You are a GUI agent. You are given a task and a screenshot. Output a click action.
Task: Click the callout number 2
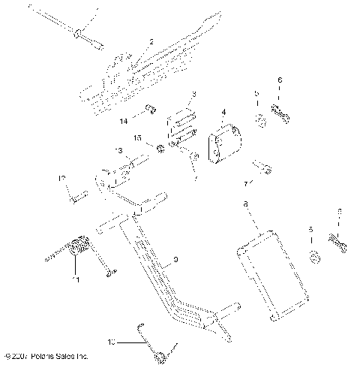click(x=151, y=42)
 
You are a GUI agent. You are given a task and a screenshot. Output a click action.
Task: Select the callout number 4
click(x=223, y=113)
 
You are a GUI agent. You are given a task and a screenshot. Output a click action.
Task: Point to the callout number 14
click(x=122, y=120)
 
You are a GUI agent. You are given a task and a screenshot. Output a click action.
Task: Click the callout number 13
click(x=118, y=150)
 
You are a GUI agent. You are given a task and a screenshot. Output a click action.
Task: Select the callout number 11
click(x=73, y=281)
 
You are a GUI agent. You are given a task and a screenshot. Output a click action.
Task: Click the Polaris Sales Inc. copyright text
click(x=46, y=354)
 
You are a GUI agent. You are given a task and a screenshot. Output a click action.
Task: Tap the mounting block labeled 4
click(x=223, y=144)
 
